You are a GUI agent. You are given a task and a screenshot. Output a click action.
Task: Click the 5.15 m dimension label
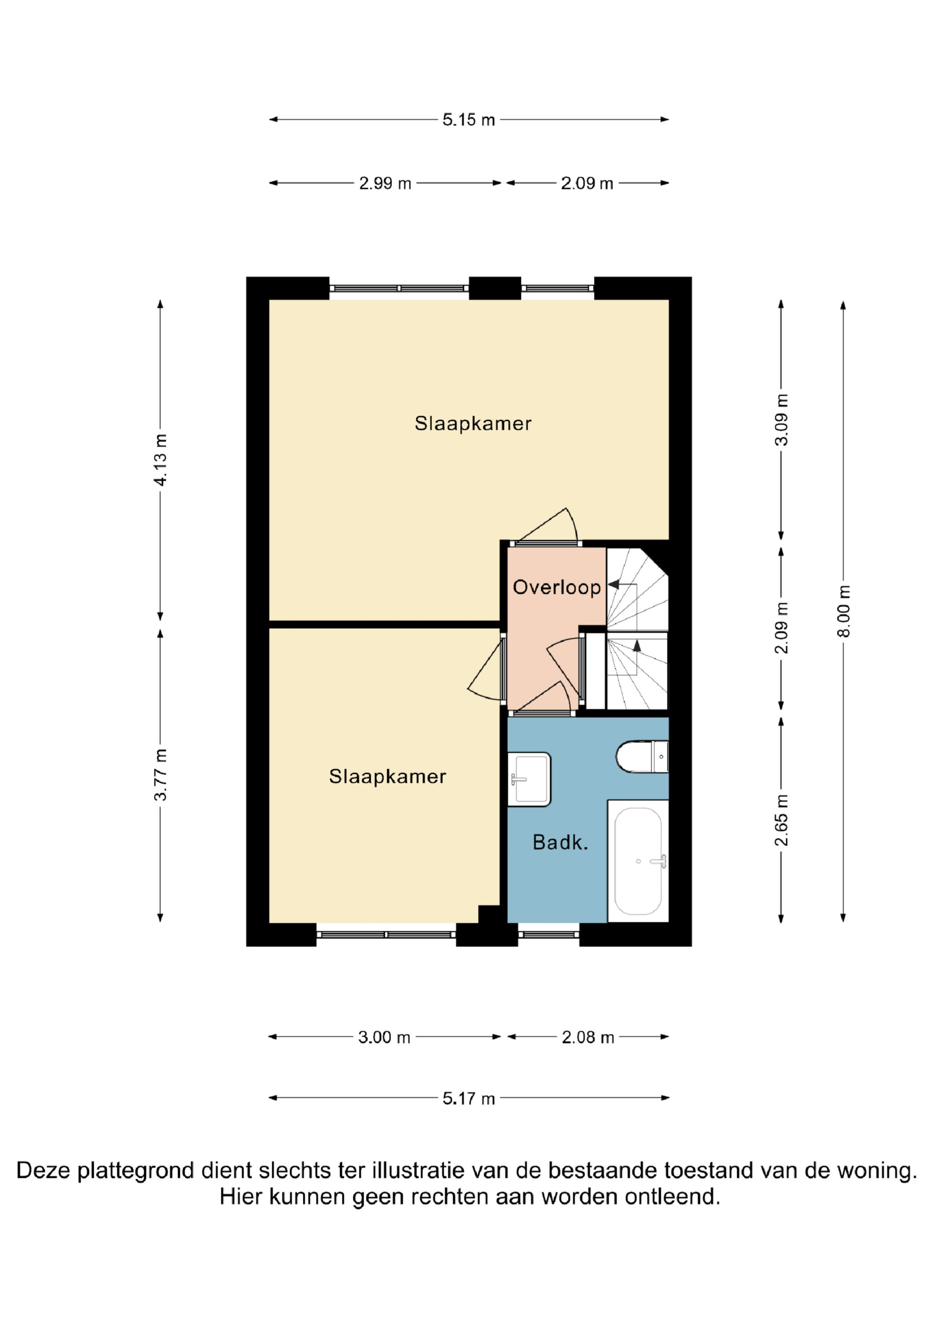pos(468,120)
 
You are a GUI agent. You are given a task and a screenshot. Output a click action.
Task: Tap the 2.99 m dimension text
pos(385,183)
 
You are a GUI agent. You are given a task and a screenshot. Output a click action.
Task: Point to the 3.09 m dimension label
pos(781,420)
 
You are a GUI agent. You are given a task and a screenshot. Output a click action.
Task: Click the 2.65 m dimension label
pos(781,820)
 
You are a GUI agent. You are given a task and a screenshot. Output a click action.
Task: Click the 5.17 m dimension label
pos(468,1099)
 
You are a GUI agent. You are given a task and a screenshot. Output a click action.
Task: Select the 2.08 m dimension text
pos(587,1037)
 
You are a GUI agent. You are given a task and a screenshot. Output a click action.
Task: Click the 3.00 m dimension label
pos(384,1037)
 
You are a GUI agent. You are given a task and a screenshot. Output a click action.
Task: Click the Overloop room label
pos(557,587)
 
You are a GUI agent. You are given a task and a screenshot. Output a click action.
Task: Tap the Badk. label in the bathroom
pos(560,843)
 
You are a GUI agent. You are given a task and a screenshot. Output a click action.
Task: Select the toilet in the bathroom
pos(642,757)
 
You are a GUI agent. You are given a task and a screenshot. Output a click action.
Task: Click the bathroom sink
pos(529,779)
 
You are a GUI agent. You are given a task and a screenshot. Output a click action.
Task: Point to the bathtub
pos(638,861)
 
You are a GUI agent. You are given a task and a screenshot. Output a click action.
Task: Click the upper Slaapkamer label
pos(473,424)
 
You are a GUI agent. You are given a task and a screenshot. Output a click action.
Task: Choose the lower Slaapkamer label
pos(387,777)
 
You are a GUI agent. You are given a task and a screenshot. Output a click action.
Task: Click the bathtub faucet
pos(658,861)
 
